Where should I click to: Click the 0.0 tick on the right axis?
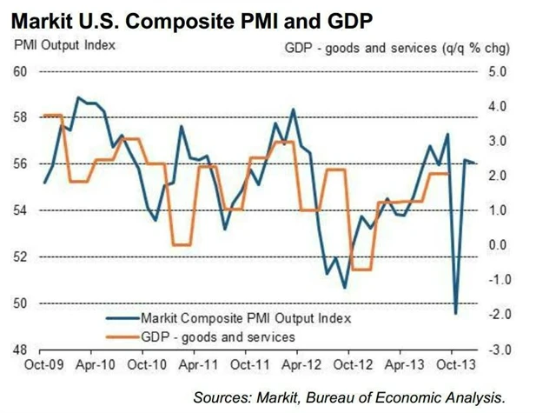click(x=497, y=244)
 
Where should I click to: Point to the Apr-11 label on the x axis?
click(x=200, y=366)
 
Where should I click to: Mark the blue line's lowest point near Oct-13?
click(x=456, y=314)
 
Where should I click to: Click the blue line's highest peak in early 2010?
click(x=78, y=97)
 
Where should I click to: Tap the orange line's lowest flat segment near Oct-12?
click(x=360, y=270)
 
